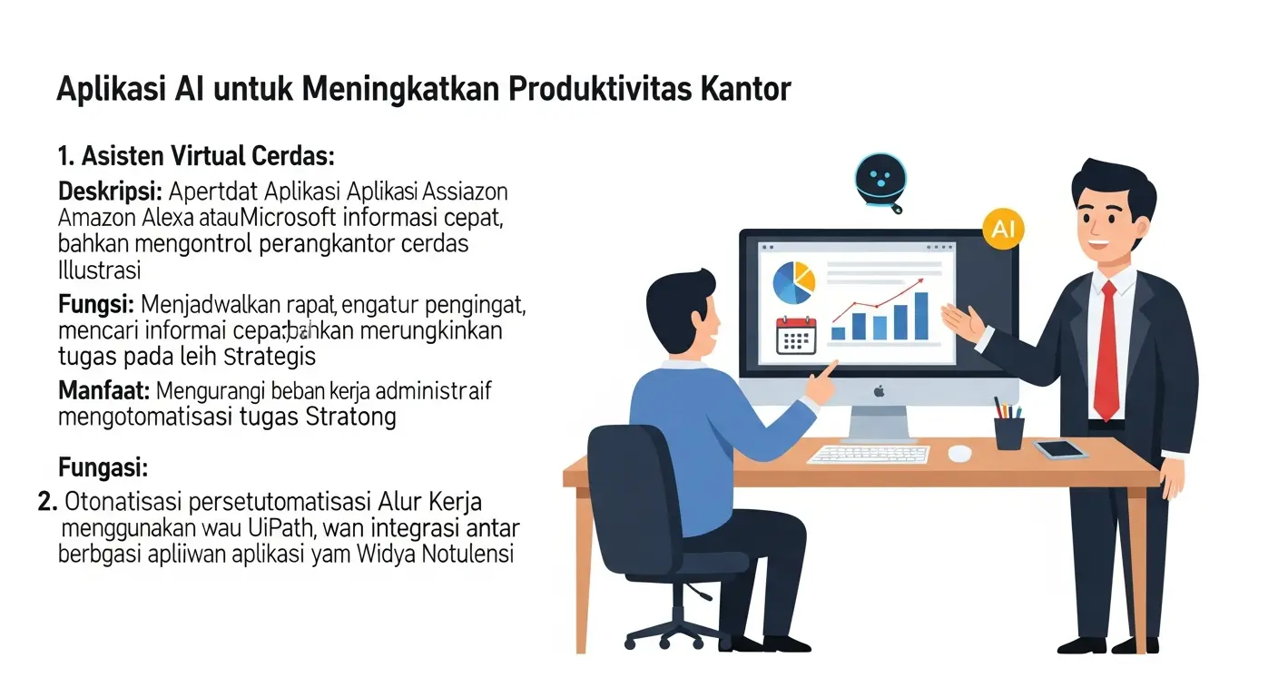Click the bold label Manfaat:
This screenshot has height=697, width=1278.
[103, 392]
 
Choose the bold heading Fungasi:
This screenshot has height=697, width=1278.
[103, 468]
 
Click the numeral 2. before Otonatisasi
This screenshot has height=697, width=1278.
[49, 501]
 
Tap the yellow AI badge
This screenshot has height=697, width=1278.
[1003, 229]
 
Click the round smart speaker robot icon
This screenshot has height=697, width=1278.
[879, 178]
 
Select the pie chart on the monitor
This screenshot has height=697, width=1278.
[793, 282]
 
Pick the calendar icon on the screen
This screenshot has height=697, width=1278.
[796, 336]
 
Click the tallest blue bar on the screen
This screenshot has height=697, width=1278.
[921, 316]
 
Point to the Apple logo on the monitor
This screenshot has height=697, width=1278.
[878, 391]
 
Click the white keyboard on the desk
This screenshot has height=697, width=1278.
[868, 453]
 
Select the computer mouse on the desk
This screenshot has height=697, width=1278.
[959, 452]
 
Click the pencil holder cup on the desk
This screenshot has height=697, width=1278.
[1008, 432]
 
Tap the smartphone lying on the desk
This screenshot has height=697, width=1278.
[1059, 448]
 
